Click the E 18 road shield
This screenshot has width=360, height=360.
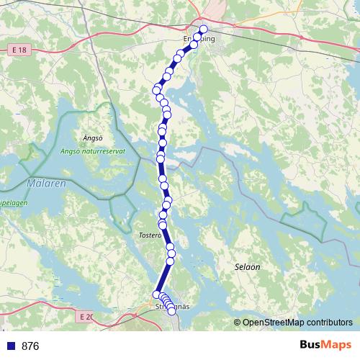coord(21,49)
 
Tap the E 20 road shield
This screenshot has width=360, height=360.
coord(86,316)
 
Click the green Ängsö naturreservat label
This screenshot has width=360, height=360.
coord(94,150)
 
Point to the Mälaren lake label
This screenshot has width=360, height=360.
coord(46,184)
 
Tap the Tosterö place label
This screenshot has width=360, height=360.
coord(146,235)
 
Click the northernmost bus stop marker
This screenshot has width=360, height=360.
coord(204,30)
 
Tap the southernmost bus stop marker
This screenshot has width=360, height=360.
coord(171,310)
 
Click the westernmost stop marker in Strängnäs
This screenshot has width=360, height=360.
coord(156,294)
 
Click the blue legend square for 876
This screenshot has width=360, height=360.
coord(11,346)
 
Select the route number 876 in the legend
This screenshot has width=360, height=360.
coord(30,346)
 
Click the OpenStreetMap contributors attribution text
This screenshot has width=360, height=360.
coord(297,323)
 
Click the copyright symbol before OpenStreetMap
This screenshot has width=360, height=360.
coord(238,323)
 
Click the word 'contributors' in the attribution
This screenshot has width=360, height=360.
coord(328,323)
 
